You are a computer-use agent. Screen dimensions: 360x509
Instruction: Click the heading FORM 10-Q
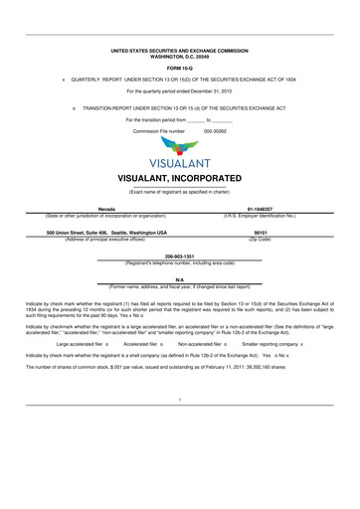coord(180,67)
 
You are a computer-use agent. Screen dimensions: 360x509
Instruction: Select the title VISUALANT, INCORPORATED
coord(180,178)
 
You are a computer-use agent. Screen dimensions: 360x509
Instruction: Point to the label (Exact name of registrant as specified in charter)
coord(180,190)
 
